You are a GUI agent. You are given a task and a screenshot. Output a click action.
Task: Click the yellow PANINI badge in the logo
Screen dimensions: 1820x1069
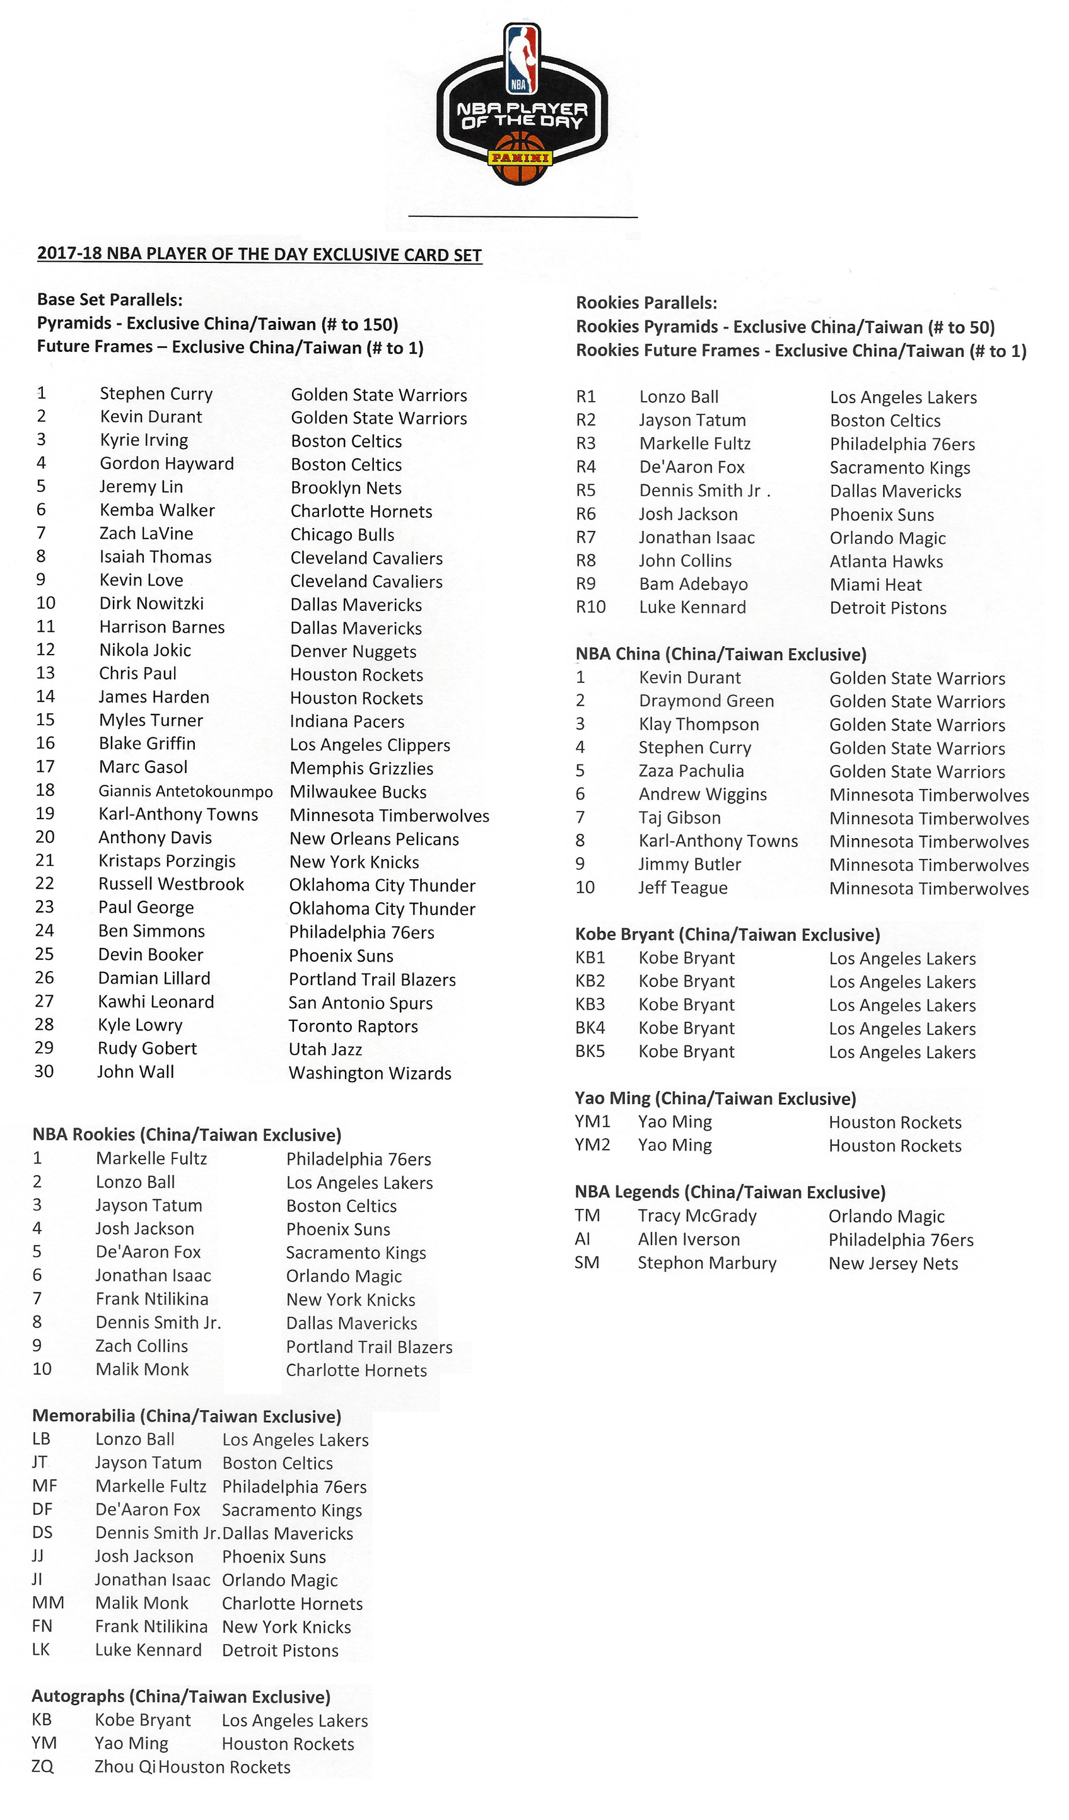(521, 158)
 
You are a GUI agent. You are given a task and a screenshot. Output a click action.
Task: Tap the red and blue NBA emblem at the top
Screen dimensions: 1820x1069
(522, 59)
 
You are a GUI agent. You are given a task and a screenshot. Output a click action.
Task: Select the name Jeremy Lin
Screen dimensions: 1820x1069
(141, 487)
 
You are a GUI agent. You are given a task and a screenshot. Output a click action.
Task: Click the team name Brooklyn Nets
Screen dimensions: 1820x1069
(346, 488)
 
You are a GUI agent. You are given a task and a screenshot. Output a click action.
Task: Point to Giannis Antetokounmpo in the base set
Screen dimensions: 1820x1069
(185, 791)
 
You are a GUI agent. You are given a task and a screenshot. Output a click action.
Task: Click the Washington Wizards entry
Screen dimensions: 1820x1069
(370, 1073)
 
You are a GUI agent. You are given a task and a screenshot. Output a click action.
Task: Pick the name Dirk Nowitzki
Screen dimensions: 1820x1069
(152, 604)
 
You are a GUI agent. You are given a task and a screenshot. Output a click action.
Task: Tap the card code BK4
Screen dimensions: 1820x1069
(590, 1029)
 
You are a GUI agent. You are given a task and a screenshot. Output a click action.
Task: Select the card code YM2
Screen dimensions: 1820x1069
(592, 1145)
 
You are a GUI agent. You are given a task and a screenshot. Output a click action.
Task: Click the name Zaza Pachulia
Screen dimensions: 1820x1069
(691, 771)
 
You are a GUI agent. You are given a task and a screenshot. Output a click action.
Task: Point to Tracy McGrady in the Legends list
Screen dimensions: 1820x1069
(697, 1216)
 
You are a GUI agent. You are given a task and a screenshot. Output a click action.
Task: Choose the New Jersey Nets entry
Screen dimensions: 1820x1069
(894, 1264)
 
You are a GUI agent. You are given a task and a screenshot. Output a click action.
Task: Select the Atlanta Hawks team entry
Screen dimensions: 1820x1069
(886, 562)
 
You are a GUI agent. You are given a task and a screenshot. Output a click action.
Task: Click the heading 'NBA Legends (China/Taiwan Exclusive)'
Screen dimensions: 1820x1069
(730, 1193)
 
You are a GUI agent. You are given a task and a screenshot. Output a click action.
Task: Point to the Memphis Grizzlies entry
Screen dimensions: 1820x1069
(361, 769)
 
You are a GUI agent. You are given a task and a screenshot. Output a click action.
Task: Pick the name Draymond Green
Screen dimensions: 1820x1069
(706, 701)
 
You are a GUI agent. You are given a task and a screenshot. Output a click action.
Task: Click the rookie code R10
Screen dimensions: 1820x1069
(590, 607)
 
